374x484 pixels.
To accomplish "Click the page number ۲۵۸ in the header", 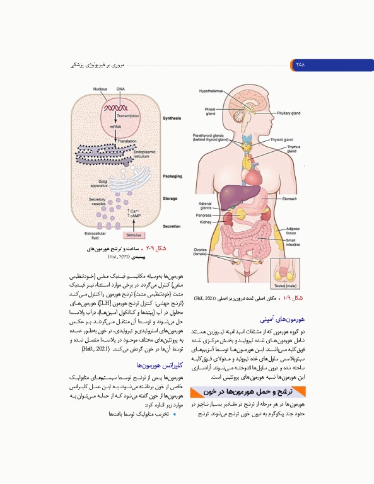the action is (299, 64).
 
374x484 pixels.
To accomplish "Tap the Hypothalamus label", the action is (211, 91).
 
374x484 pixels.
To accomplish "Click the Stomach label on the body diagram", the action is (289, 198).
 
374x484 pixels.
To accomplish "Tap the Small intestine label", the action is (293, 242).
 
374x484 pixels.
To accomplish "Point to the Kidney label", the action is (206, 222).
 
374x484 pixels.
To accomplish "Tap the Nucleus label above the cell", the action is (100, 89).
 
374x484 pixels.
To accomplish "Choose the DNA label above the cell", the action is (120, 89).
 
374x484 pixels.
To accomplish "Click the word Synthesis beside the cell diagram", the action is (172, 118).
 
